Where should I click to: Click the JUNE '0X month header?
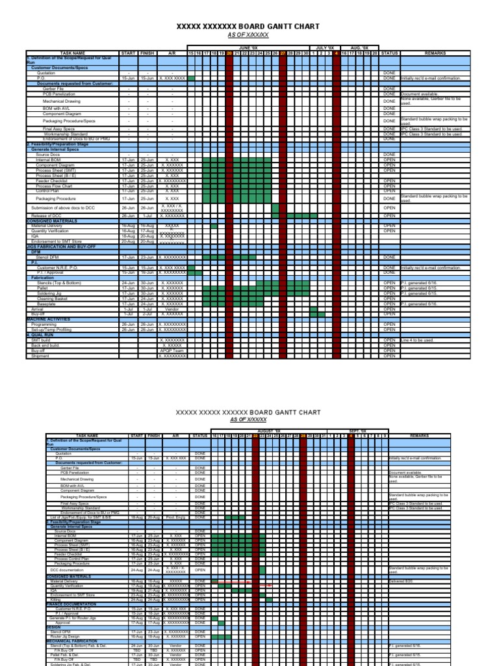pos(248,48)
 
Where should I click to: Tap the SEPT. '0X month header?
pos(358,431)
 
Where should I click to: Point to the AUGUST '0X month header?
pos(268,431)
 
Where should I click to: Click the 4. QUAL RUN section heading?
pos(40,336)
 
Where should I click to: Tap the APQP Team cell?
pos(172,351)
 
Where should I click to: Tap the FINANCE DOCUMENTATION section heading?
pos(72,604)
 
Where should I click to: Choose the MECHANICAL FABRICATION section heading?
pos(73,640)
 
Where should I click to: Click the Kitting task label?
pos(60,600)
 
